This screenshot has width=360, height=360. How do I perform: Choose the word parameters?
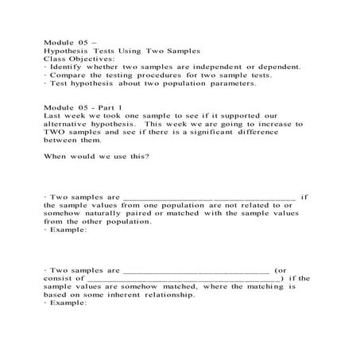tap(230, 83)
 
